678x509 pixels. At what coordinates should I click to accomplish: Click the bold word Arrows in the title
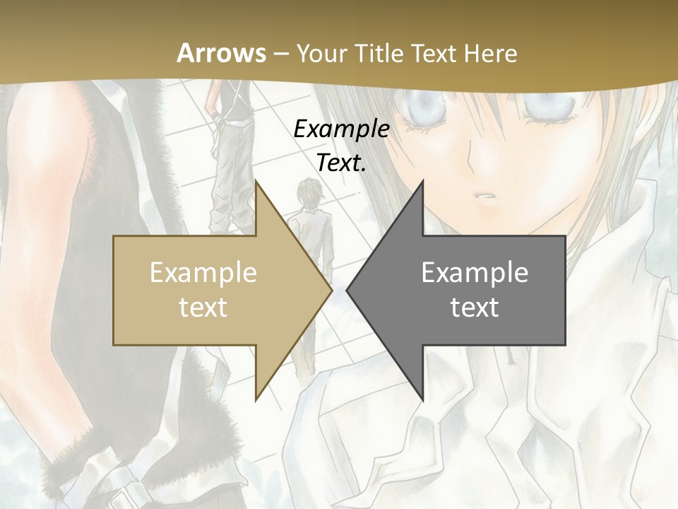(222, 53)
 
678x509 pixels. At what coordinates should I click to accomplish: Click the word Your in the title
(320, 53)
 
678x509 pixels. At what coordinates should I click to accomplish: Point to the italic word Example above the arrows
(341, 129)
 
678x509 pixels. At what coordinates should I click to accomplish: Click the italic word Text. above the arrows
(341, 163)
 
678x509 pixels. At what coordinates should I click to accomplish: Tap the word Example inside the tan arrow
(203, 273)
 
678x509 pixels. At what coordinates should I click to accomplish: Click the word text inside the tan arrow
(203, 308)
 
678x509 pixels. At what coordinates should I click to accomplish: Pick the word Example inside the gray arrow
(475, 273)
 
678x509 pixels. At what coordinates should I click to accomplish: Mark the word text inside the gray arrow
(475, 308)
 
